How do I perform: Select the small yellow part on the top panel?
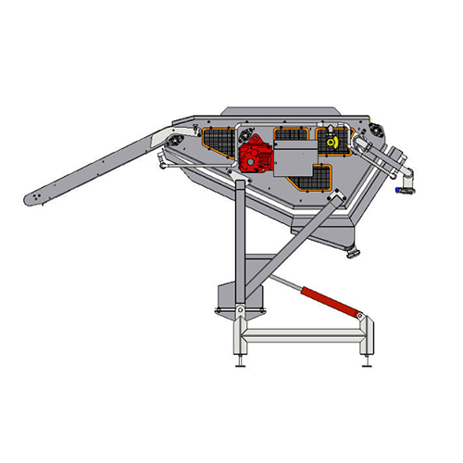(330, 142)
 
